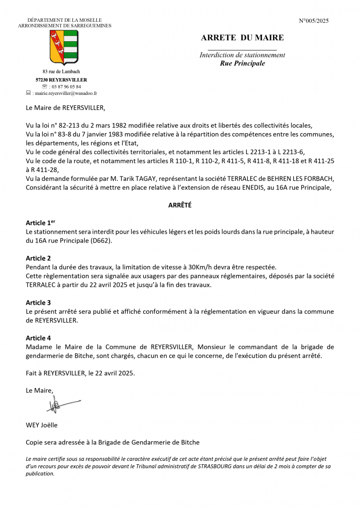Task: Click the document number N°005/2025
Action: tap(314, 21)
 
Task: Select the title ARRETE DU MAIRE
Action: tap(242, 38)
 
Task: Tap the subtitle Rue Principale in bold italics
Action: tap(242, 63)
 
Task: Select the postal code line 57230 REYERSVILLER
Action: tap(61, 80)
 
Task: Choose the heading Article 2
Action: tap(38, 258)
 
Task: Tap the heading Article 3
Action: tap(38, 302)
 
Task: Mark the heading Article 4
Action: tap(38, 338)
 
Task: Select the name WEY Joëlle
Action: tap(42, 424)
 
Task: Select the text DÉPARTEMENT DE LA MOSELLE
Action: tap(64, 20)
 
